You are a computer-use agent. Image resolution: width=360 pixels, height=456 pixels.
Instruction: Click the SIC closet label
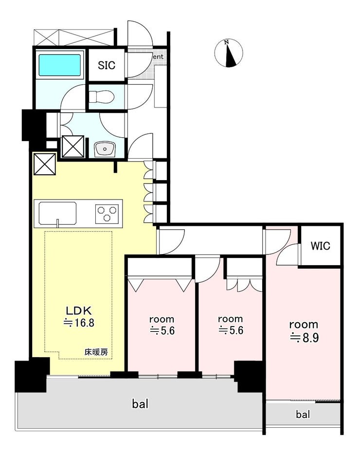107,65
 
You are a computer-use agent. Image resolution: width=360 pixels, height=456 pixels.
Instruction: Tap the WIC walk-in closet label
321,246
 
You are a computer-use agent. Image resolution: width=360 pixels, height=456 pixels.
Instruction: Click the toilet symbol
101,96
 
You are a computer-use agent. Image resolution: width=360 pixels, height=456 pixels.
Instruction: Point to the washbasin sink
105,149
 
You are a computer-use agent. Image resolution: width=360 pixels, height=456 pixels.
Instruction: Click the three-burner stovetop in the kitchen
107,214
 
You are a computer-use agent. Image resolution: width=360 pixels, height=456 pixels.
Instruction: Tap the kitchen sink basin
58,214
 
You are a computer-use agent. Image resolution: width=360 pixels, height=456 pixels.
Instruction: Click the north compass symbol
229,54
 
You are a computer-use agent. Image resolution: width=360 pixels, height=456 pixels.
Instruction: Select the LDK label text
79,310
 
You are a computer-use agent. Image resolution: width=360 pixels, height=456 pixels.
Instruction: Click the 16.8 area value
79,323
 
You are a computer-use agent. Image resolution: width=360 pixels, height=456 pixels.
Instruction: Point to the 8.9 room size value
304,338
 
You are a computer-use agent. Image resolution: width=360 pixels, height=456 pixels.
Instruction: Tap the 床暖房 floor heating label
96,352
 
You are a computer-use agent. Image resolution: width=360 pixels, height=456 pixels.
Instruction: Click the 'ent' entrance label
158,57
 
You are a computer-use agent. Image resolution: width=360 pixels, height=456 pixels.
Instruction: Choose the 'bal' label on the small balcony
303,414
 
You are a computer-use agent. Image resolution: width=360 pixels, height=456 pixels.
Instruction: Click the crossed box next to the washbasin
73,146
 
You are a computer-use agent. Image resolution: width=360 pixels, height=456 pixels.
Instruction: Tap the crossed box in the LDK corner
44,164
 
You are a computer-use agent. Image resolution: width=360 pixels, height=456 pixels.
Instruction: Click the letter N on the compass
227,42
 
